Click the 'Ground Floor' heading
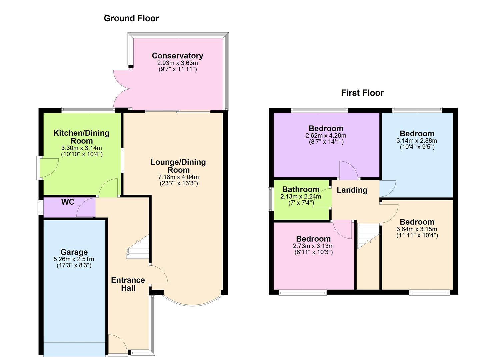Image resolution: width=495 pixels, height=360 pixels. [x=131, y=18]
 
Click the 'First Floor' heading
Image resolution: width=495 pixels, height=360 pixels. [x=362, y=93]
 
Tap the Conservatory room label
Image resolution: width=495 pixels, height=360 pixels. [x=177, y=56]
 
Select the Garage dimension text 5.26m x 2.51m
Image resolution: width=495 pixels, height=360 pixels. [x=74, y=259]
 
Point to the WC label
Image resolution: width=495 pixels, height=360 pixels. [x=68, y=202]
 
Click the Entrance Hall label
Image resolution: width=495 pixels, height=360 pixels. [x=128, y=284]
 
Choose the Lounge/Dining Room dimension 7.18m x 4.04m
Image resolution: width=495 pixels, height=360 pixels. [x=178, y=177]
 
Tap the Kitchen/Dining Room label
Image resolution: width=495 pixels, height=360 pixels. [x=81, y=137]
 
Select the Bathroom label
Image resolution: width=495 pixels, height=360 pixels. [x=301, y=190]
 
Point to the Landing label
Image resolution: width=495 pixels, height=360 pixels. [x=352, y=190]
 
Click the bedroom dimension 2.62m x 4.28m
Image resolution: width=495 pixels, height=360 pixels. [x=326, y=136]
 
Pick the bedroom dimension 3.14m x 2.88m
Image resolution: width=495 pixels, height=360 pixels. [x=417, y=141]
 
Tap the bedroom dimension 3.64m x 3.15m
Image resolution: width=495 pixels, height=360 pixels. [x=417, y=229]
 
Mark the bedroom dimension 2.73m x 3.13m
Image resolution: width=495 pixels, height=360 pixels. [x=313, y=246]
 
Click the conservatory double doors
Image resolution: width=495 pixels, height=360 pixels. [x=123, y=88]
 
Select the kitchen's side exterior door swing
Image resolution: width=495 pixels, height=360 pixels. [x=48, y=167]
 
